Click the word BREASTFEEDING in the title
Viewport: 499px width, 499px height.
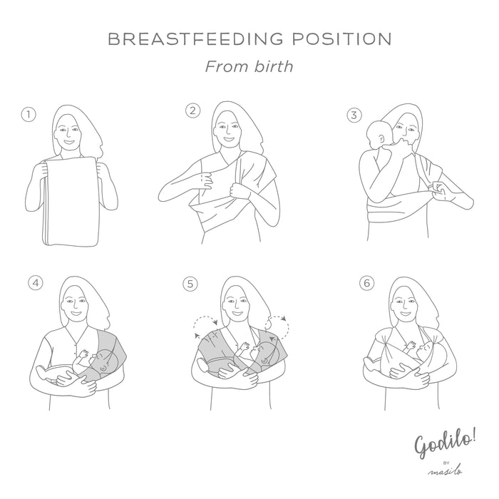tap(195, 38)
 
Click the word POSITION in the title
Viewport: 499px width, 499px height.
tap(341, 38)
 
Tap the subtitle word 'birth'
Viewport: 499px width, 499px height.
tap(274, 66)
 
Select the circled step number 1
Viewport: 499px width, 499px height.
tap(29, 115)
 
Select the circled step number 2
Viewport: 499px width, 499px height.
tap(193, 111)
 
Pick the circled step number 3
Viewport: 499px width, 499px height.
tap(354, 115)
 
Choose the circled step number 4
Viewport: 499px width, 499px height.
tap(36, 283)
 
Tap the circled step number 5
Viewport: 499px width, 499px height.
tap(190, 284)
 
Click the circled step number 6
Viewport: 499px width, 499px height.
tap(367, 283)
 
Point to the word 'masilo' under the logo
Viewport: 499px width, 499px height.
tap(446, 471)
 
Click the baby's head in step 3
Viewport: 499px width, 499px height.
tap(379, 135)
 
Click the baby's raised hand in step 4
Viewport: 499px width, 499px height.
tap(84, 354)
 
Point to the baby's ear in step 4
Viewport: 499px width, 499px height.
tap(103, 368)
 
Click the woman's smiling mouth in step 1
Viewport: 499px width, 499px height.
tap(68, 142)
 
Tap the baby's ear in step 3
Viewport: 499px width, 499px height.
tap(381, 139)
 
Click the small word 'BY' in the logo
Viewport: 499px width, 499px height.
tap(446, 463)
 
